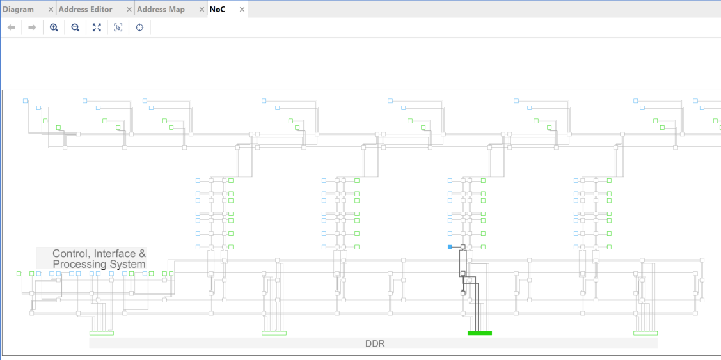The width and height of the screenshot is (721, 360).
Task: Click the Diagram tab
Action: pos(19,9)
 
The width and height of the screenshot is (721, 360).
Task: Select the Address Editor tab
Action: pos(86,9)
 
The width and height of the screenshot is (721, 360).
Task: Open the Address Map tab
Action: pos(161,9)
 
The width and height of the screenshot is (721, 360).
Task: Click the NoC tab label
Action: pos(218,9)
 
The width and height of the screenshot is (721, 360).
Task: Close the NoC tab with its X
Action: pos(242,9)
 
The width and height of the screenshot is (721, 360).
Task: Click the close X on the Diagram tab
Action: pos(51,9)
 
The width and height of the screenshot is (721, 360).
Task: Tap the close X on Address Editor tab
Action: pos(129,9)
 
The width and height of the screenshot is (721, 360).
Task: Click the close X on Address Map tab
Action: pos(202,9)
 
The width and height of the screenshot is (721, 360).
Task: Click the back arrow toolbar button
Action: pos(12,27)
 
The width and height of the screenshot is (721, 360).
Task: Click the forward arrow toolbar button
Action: pos(32,27)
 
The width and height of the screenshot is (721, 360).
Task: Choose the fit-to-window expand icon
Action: pos(97,27)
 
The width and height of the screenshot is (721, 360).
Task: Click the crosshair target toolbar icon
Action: pos(139,27)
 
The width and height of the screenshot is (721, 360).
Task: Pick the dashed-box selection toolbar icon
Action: pos(118,27)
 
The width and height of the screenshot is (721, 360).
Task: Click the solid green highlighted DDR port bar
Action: pos(480,333)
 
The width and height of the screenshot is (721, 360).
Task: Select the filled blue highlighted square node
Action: pos(450,247)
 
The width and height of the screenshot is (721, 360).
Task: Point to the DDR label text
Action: pos(375,343)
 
